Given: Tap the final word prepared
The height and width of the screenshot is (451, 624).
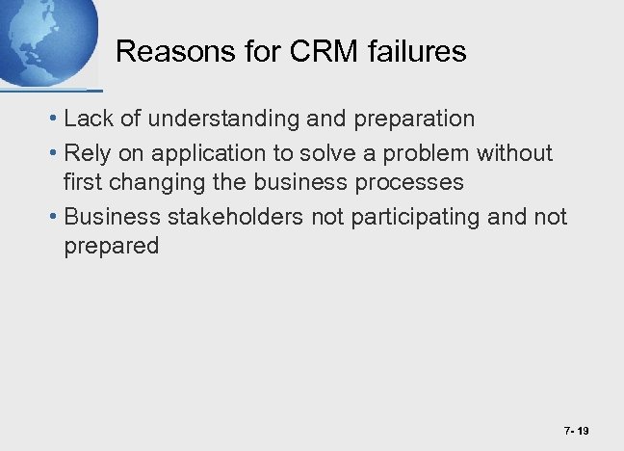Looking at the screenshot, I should (111, 247).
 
